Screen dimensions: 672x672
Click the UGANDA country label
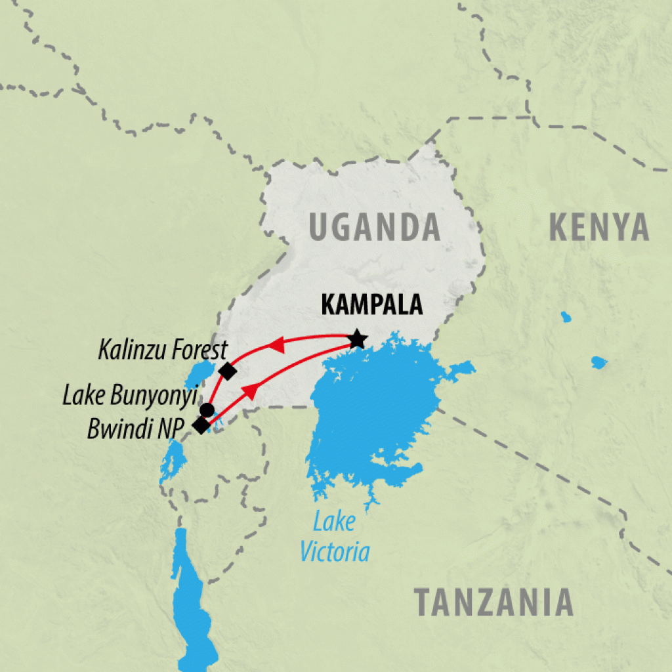point(374,227)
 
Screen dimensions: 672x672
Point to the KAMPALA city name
point(372,306)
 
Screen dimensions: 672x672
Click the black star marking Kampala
point(357,339)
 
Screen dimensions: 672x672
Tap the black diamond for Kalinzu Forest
point(227,371)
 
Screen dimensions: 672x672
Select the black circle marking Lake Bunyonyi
point(207,410)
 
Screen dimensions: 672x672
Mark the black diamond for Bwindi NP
point(201,425)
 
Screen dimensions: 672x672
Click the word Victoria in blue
point(335,552)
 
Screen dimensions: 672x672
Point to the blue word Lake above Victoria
point(334,523)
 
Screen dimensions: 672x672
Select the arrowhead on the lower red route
point(250,392)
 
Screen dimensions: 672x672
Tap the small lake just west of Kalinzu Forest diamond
point(198,373)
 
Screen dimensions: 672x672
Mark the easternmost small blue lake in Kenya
point(598,362)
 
